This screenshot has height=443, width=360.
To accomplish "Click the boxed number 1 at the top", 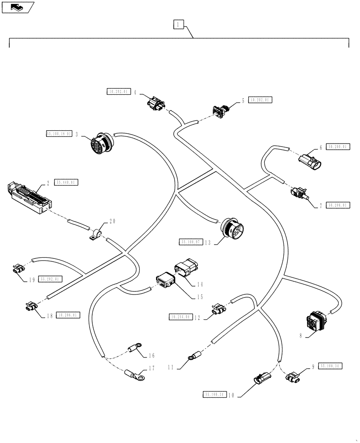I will [x=177, y=25].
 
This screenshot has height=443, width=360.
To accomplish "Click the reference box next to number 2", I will [x=67, y=182].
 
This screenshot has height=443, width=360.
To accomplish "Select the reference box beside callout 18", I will [x=67, y=315].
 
